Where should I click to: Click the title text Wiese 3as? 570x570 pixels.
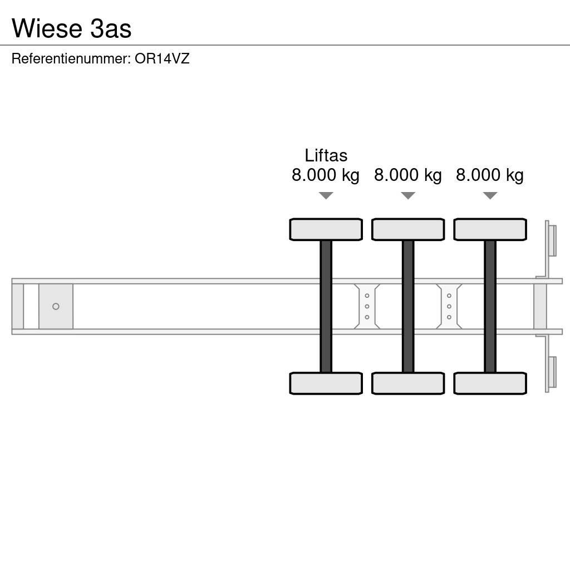pyautogui.click(x=71, y=28)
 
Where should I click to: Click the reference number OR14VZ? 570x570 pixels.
pyautogui.click(x=162, y=58)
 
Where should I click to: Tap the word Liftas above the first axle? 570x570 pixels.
pyautogui.click(x=326, y=155)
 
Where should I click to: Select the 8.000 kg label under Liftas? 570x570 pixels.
pyautogui.click(x=326, y=175)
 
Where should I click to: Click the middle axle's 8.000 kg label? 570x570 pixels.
pyautogui.click(x=408, y=175)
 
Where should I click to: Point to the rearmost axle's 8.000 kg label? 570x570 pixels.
pyautogui.click(x=490, y=175)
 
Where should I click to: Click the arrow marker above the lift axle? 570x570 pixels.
pyautogui.click(x=326, y=195)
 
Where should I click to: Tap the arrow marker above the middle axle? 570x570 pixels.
pyautogui.click(x=408, y=195)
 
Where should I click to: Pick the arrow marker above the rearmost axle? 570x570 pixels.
pyautogui.click(x=490, y=195)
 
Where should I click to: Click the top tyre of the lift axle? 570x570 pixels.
pyautogui.click(x=326, y=229)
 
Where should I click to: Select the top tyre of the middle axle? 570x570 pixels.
pyautogui.click(x=408, y=229)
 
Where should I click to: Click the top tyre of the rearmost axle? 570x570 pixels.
pyautogui.click(x=490, y=229)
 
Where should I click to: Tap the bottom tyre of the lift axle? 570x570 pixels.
pyautogui.click(x=326, y=384)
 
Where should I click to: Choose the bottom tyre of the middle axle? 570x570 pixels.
pyautogui.click(x=408, y=384)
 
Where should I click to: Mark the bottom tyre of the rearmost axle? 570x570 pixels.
pyautogui.click(x=490, y=384)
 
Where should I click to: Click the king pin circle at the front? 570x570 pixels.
pyautogui.click(x=56, y=307)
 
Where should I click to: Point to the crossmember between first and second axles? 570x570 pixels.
pyautogui.click(x=367, y=306)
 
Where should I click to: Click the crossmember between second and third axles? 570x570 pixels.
pyautogui.click(x=449, y=306)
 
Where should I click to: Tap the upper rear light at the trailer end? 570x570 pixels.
pyautogui.click(x=552, y=240)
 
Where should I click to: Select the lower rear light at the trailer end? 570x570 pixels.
pyautogui.click(x=552, y=372)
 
